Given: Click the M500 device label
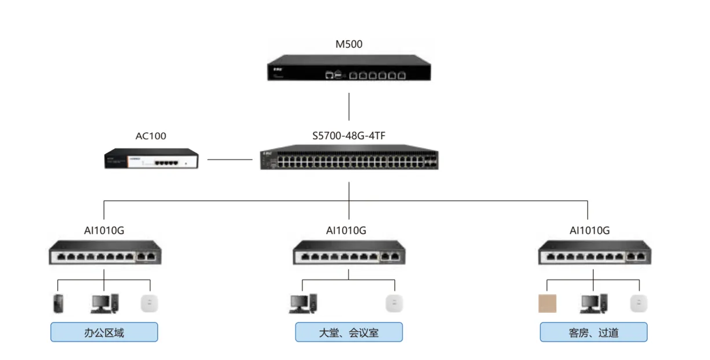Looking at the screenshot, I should point(349,44).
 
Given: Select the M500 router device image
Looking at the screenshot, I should point(349,69).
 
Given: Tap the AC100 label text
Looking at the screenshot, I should point(151,137).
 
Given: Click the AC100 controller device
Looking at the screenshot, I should point(151,159).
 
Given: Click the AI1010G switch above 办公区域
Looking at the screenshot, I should point(104,253).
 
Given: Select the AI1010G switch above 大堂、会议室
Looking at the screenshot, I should point(349,253).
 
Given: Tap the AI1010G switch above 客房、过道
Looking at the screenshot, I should point(594,253).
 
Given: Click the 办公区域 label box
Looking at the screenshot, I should point(104,332).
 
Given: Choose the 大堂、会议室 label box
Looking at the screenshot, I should point(349,332).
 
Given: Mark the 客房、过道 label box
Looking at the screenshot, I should point(593,332).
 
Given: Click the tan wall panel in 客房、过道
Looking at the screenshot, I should point(547,303).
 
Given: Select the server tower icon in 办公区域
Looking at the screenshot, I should point(58,303).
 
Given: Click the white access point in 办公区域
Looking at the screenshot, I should point(150,303).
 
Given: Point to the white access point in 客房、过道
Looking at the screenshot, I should point(639,303).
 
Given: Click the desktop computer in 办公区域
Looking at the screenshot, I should point(104,303).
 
